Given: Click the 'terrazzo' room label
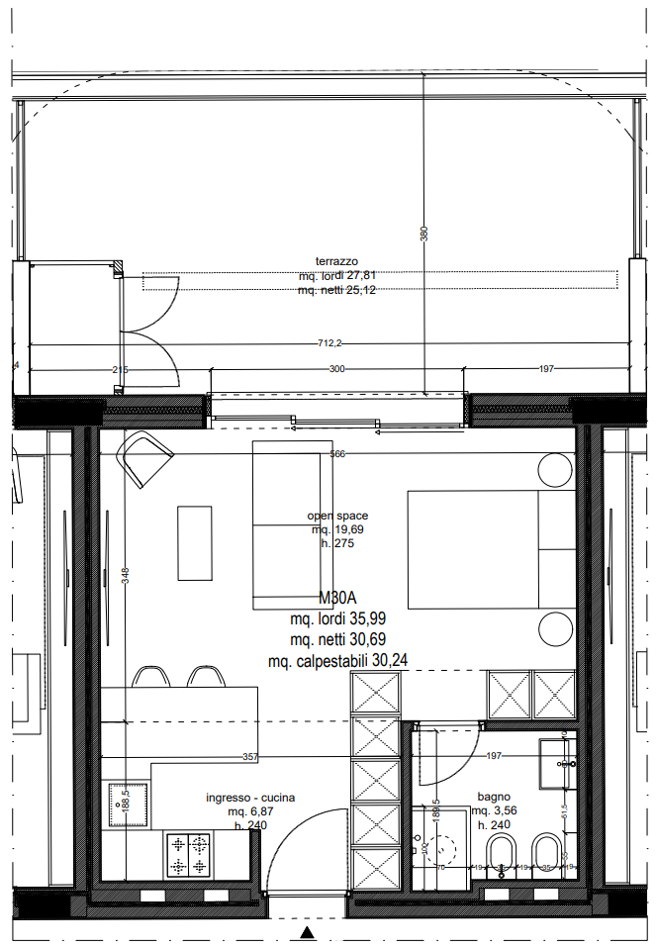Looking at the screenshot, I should (337, 260).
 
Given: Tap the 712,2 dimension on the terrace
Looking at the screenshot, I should (329, 343).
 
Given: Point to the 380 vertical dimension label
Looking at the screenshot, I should (424, 235).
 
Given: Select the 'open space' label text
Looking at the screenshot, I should (337, 516).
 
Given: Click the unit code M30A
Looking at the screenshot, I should (337, 599).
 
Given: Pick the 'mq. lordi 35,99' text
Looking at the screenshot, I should (337, 619).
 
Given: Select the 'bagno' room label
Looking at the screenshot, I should (493, 796).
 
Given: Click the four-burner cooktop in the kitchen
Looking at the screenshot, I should (189, 855).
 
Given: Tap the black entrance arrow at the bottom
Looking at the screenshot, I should (308, 932).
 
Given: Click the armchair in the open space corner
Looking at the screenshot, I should (144, 458).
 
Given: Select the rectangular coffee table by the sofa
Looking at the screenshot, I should (194, 542).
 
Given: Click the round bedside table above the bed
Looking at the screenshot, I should (555, 470).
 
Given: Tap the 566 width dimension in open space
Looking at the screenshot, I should (337, 454).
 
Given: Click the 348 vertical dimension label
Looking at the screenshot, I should (125, 574).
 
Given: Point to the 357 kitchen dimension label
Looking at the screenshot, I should (250, 757).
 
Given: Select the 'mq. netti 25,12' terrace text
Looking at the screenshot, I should (337, 290).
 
